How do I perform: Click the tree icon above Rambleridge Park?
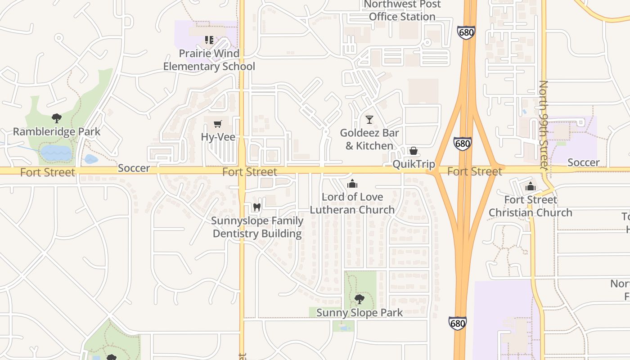[57, 118]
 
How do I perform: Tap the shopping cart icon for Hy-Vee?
[218, 124]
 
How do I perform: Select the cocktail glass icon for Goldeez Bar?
[369, 120]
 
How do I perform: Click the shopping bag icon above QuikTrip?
[414, 151]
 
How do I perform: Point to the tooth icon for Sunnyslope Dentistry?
[257, 207]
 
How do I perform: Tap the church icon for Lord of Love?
[352, 184]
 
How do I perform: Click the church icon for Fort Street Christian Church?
[531, 186]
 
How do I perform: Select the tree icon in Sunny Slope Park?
[360, 299]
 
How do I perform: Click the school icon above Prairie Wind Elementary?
[209, 40]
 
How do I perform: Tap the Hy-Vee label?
[218, 137]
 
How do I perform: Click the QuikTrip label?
[414, 164]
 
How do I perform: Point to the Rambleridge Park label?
[57, 132]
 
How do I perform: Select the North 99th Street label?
[544, 125]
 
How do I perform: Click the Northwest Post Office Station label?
[402, 10]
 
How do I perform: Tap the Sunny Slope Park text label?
[360, 312]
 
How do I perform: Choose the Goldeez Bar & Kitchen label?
[369, 139]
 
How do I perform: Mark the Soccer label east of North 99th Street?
[583, 162]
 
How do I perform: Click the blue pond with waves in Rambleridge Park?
[56, 153]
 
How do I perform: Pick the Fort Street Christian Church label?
[531, 206]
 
